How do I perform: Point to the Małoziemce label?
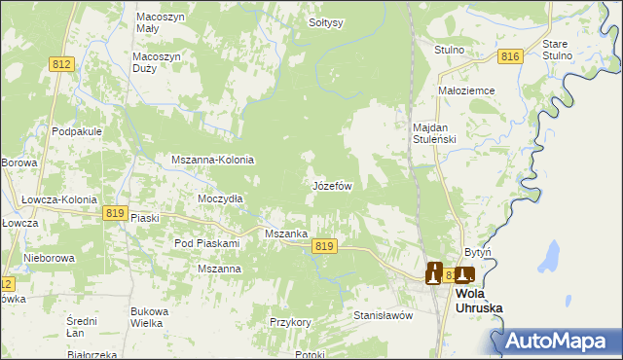[x=467, y=90]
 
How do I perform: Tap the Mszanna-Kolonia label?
[x=212, y=160]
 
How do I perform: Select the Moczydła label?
[x=220, y=198]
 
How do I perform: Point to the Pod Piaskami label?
[x=206, y=242]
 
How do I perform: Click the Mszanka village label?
[x=287, y=234]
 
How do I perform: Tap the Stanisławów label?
[x=383, y=315]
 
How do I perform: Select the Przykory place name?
[x=289, y=321]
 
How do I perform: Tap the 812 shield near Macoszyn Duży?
[x=61, y=64]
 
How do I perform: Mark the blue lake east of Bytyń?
[x=550, y=258]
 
